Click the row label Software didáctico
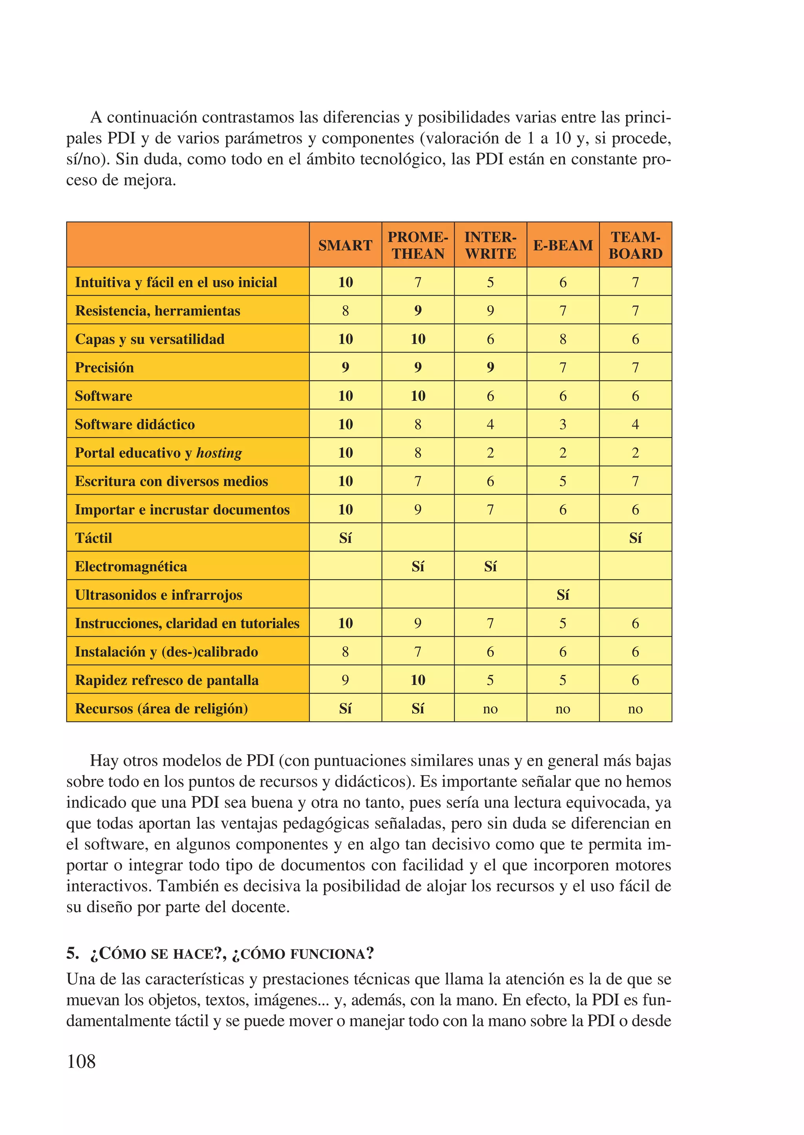tap(135, 425)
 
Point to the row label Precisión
tap(104, 368)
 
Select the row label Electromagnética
tap(131, 567)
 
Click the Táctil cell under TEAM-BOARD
tap(635, 538)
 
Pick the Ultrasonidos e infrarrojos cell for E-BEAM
tap(563, 595)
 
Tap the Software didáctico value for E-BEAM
tap(563, 425)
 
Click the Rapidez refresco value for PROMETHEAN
tap(418, 680)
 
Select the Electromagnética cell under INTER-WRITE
tap(490, 567)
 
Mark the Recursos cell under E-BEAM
tap(563, 709)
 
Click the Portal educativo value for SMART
tap(345, 453)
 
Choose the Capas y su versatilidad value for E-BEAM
tap(563, 339)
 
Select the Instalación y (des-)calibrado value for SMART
tap(345, 652)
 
